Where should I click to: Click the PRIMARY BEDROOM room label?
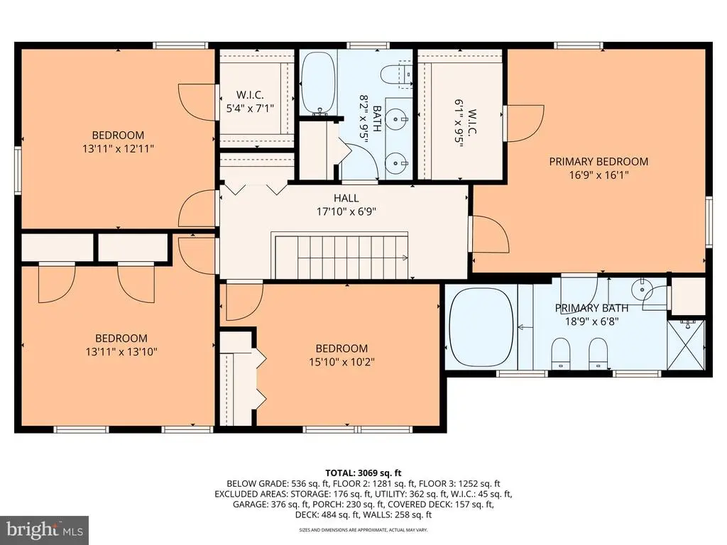point(598,162)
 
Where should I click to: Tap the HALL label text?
point(346,199)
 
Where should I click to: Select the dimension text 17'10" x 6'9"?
point(346,211)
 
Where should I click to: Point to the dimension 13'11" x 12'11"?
point(118,149)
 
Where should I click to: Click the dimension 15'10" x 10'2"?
point(341,361)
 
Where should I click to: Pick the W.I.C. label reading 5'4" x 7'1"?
point(250,108)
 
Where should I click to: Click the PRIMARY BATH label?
point(591,308)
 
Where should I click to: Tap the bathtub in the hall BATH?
point(318,83)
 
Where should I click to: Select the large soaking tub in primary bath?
point(481,328)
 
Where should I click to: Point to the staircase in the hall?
point(341,255)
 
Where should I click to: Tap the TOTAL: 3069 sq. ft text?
point(363,473)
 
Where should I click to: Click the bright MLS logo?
point(45,529)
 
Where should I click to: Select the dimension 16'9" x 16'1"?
point(598,175)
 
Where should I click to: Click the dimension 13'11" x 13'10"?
point(121,352)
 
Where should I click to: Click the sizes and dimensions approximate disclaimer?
point(363,529)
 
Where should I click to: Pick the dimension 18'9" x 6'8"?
point(591,321)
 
